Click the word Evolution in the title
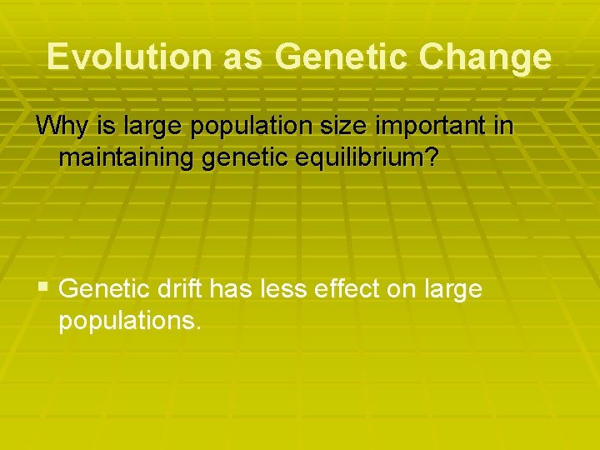point(130,57)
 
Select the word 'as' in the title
point(242,57)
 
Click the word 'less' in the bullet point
point(279,288)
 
